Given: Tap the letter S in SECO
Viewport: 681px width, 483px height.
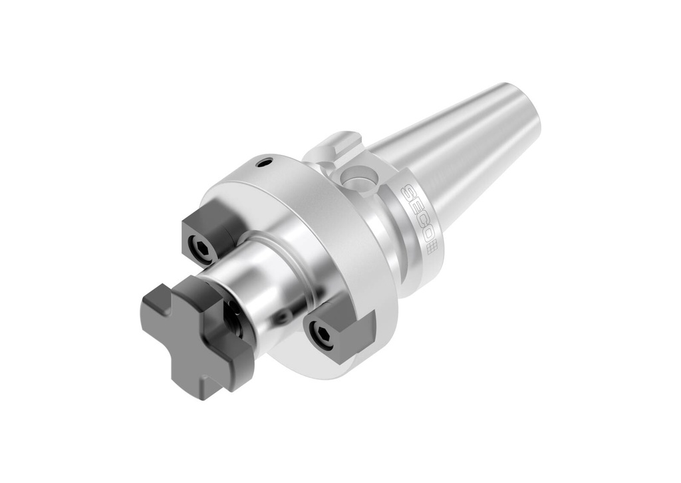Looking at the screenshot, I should click(x=407, y=194).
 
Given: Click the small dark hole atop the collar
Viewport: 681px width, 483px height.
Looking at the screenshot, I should click(x=265, y=161).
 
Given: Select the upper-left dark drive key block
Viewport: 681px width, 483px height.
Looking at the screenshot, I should click(x=209, y=233).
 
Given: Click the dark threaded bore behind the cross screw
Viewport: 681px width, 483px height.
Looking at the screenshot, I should click(x=233, y=317).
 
